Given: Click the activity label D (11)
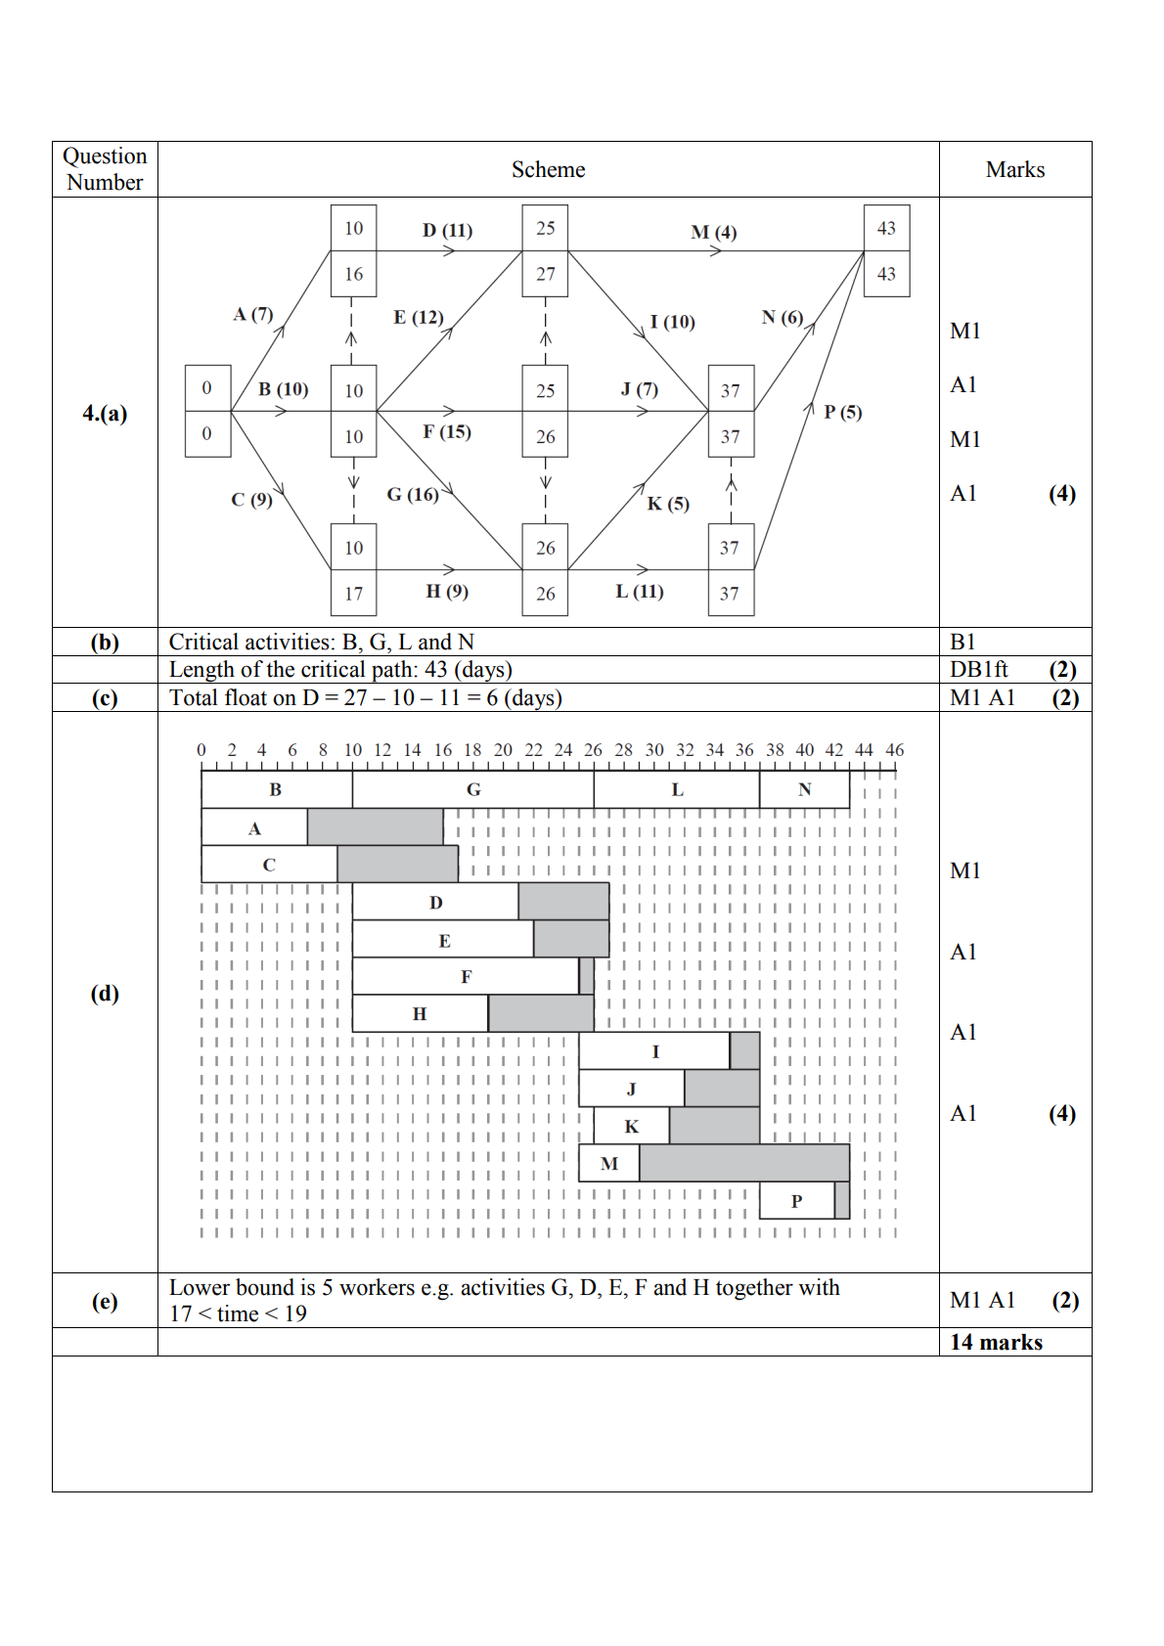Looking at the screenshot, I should (447, 230).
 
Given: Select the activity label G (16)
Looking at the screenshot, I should (412, 494).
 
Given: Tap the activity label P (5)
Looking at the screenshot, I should (842, 412).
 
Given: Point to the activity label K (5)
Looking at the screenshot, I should (668, 504).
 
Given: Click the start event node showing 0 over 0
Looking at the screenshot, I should (207, 411).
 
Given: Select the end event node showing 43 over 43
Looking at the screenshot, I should (886, 250).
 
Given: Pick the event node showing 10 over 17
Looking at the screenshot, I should (353, 570).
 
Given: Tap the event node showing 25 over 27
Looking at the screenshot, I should (545, 250).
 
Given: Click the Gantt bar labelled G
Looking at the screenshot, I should (473, 789).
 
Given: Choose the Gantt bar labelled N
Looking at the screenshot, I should (804, 789).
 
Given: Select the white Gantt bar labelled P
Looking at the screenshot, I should (796, 1201).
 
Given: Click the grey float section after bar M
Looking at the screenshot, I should (743, 1163).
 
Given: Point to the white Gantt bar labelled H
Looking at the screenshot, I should (420, 1013).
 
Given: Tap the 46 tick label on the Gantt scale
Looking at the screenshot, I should (894, 750).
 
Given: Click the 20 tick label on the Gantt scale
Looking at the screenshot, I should (503, 750).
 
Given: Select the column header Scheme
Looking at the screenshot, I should (548, 169).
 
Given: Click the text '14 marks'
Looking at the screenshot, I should (996, 1342).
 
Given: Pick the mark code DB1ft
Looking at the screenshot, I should (978, 670).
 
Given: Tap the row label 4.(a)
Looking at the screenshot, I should (105, 413).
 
